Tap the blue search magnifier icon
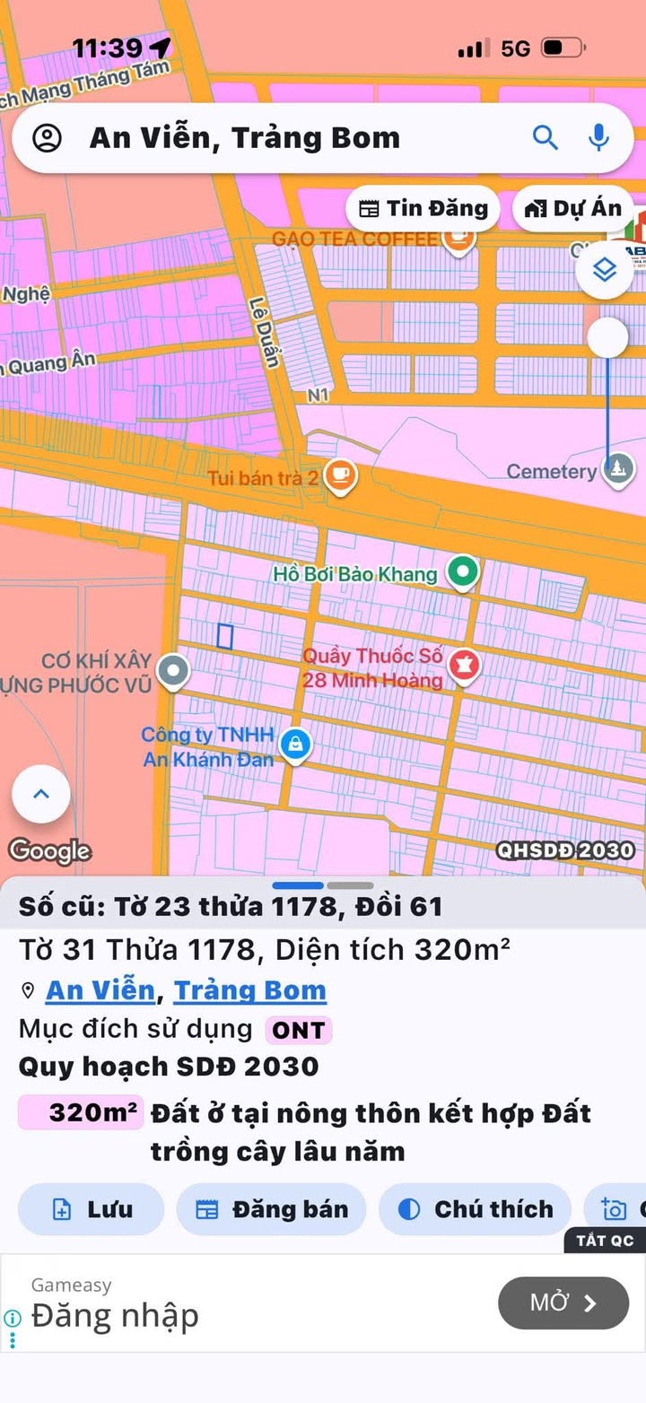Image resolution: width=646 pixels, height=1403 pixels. tap(546, 137)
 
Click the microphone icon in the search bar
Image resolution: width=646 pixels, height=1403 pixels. tap(598, 137)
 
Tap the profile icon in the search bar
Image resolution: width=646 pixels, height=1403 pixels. tap(47, 138)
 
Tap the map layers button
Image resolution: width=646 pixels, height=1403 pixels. tap(605, 269)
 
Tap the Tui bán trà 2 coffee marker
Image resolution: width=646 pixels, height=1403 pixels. tap(340, 475)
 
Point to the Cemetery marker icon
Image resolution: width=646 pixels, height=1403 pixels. tap(617, 469)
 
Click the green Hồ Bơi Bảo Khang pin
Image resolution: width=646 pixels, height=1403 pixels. tap(462, 572)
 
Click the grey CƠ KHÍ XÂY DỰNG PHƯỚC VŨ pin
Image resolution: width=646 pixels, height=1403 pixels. tap(172, 670)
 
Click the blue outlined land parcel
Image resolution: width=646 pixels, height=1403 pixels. tap(225, 635)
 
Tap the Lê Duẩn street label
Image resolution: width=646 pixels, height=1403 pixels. tap(266, 332)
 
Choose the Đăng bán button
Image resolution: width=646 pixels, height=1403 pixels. tap(271, 1209)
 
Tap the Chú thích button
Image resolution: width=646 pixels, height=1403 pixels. tap(475, 1209)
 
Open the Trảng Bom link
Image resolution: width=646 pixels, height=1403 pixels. tap(249, 990)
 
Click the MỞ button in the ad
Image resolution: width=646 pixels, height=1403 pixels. tap(563, 1303)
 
